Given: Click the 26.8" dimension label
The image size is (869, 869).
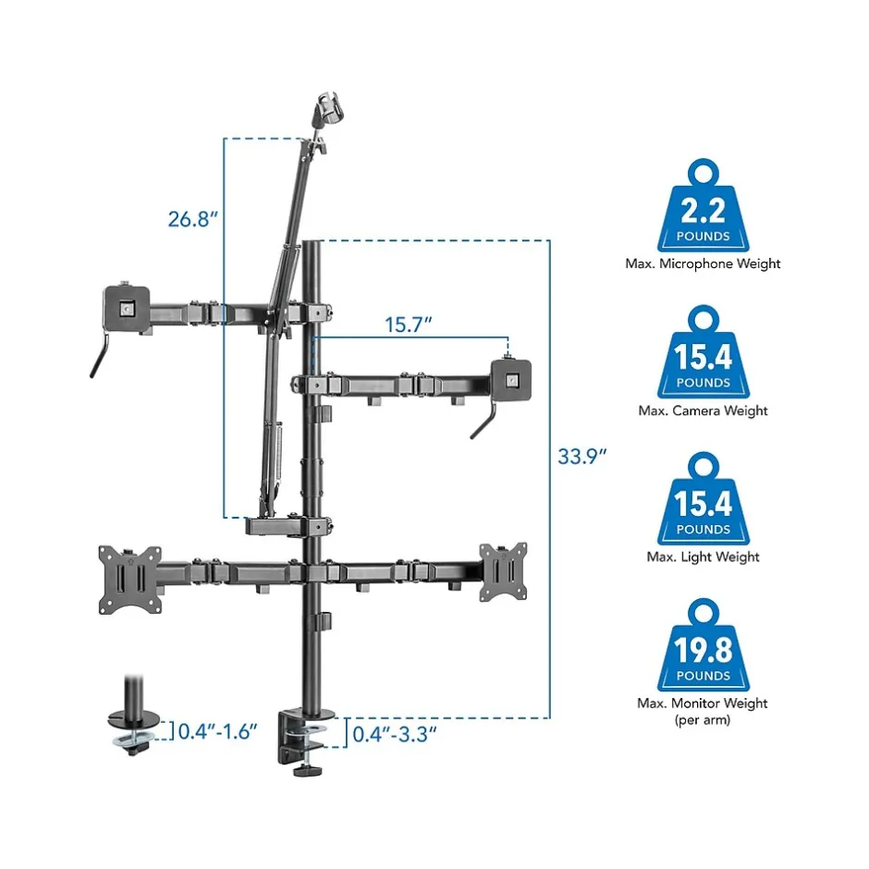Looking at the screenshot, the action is (x=193, y=219).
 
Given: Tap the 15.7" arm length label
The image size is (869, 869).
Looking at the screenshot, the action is (x=409, y=324).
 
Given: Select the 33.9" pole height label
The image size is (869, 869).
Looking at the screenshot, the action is (x=581, y=456).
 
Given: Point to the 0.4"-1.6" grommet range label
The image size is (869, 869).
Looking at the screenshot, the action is (x=218, y=731).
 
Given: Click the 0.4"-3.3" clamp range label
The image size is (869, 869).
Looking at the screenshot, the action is (x=395, y=734).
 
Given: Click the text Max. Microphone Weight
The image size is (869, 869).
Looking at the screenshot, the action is (x=703, y=263).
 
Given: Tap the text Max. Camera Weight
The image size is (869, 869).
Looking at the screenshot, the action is (x=703, y=410).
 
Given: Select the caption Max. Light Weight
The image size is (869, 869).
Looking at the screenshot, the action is (x=703, y=557).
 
